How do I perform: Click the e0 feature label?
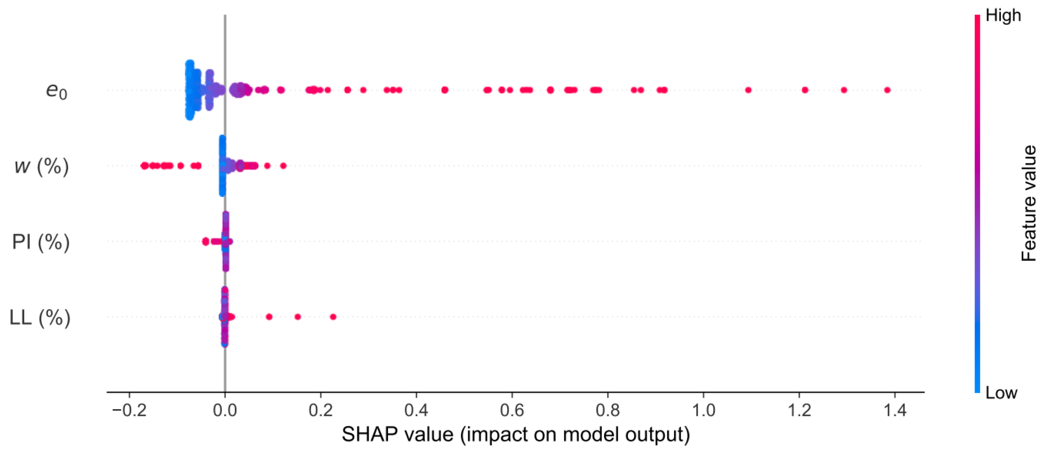tap(56, 90)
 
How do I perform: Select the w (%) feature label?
tap(41, 166)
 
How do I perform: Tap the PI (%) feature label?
tap(41, 242)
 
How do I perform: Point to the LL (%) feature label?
tap(40, 318)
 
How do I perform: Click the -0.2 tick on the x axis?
tap(129, 410)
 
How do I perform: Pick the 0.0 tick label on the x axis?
tap(225, 410)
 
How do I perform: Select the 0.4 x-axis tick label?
tap(416, 410)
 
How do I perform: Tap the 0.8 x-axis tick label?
tap(607, 410)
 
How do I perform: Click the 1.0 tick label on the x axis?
tap(704, 410)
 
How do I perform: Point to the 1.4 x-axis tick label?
tap(895, 410)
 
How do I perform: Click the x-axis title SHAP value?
tap(515, 435)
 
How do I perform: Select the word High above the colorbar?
tap(1003, 16)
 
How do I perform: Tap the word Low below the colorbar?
tap(1001, 393)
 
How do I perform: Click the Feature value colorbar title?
tap(1029, 204)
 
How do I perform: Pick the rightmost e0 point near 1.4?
tap(887, 90)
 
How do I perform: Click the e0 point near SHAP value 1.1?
tap(748, 90)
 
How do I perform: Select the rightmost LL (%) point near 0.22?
tap(333, 317)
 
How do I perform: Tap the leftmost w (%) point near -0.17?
tap(144, 166)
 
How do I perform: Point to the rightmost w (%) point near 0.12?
tap(283, 166)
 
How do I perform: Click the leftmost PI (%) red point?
tap(205, 242)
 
